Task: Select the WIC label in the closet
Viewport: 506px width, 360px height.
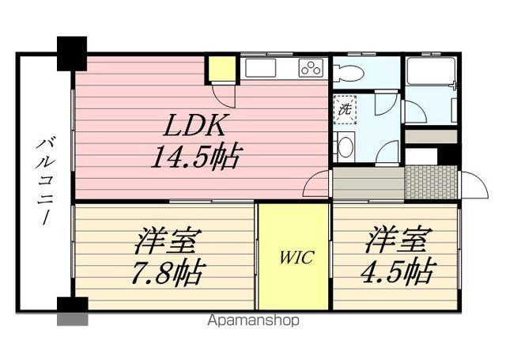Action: (295, 257)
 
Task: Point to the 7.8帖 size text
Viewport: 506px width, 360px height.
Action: (168, 273)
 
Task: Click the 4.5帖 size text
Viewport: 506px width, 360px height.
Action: (397, 273)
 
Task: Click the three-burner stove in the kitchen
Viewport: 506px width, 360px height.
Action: (311, 68)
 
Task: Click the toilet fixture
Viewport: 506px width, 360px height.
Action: (348, 74)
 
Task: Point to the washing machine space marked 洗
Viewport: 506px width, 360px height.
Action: (345, 109)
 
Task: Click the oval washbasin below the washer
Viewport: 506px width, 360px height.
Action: (344, 146)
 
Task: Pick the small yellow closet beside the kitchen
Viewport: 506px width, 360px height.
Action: (221, 70)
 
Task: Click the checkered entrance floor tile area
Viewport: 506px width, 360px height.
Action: (431, 181)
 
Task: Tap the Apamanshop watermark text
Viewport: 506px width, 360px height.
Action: (253, 321)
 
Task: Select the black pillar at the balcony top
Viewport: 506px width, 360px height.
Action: (71, 52)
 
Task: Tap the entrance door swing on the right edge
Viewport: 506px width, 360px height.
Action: (473, 185)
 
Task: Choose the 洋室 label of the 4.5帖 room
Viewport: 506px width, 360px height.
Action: (397, 239)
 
